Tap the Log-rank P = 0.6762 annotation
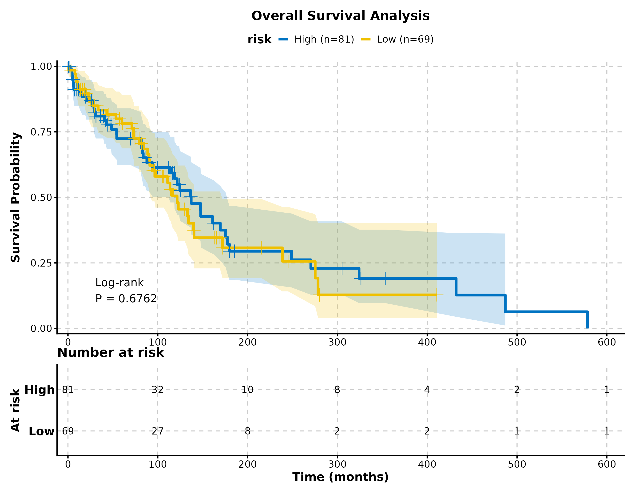tap(126, 291)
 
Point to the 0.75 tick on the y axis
tap(41, 132)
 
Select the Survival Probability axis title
tap(16, 197)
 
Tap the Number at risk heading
tap(111, 353)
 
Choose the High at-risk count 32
tap(158, 390)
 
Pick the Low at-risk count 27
tap(158, 431)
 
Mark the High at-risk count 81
tap(68, 390)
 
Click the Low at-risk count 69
tap(68, 431)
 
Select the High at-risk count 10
tap(247, 390)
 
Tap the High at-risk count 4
tap(427, 390)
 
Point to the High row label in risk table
tap(40, 390)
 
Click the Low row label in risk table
tap(41, 431)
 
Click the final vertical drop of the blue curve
tap(587, 320)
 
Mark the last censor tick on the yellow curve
tap(437, 295)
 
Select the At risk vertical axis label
tap(16, 410)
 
